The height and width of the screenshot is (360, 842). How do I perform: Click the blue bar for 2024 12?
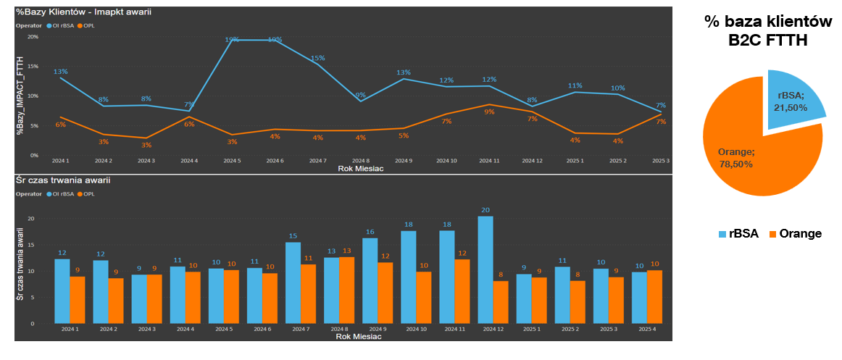[x=485, y=269]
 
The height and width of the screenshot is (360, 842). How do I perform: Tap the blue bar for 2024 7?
[x=293, y=282]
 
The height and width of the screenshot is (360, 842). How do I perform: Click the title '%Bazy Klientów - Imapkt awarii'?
[x=83, y=12]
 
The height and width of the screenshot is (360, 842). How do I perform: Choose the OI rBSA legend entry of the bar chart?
[x=62, y=193]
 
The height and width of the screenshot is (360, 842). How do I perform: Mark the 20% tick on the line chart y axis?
[x=33, y=36]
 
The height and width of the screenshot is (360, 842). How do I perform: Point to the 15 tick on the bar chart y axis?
[x=30, y=245]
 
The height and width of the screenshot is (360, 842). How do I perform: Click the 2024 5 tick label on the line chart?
[x=232, y=161]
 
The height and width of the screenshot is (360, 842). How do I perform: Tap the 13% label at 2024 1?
[x=60, y=72]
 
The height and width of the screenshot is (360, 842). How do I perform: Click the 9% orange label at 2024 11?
[x=489, y=112]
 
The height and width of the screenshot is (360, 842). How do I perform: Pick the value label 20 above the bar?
[x=485, y=210]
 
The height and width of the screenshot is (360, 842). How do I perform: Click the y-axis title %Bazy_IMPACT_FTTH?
[x=22, y=95]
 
